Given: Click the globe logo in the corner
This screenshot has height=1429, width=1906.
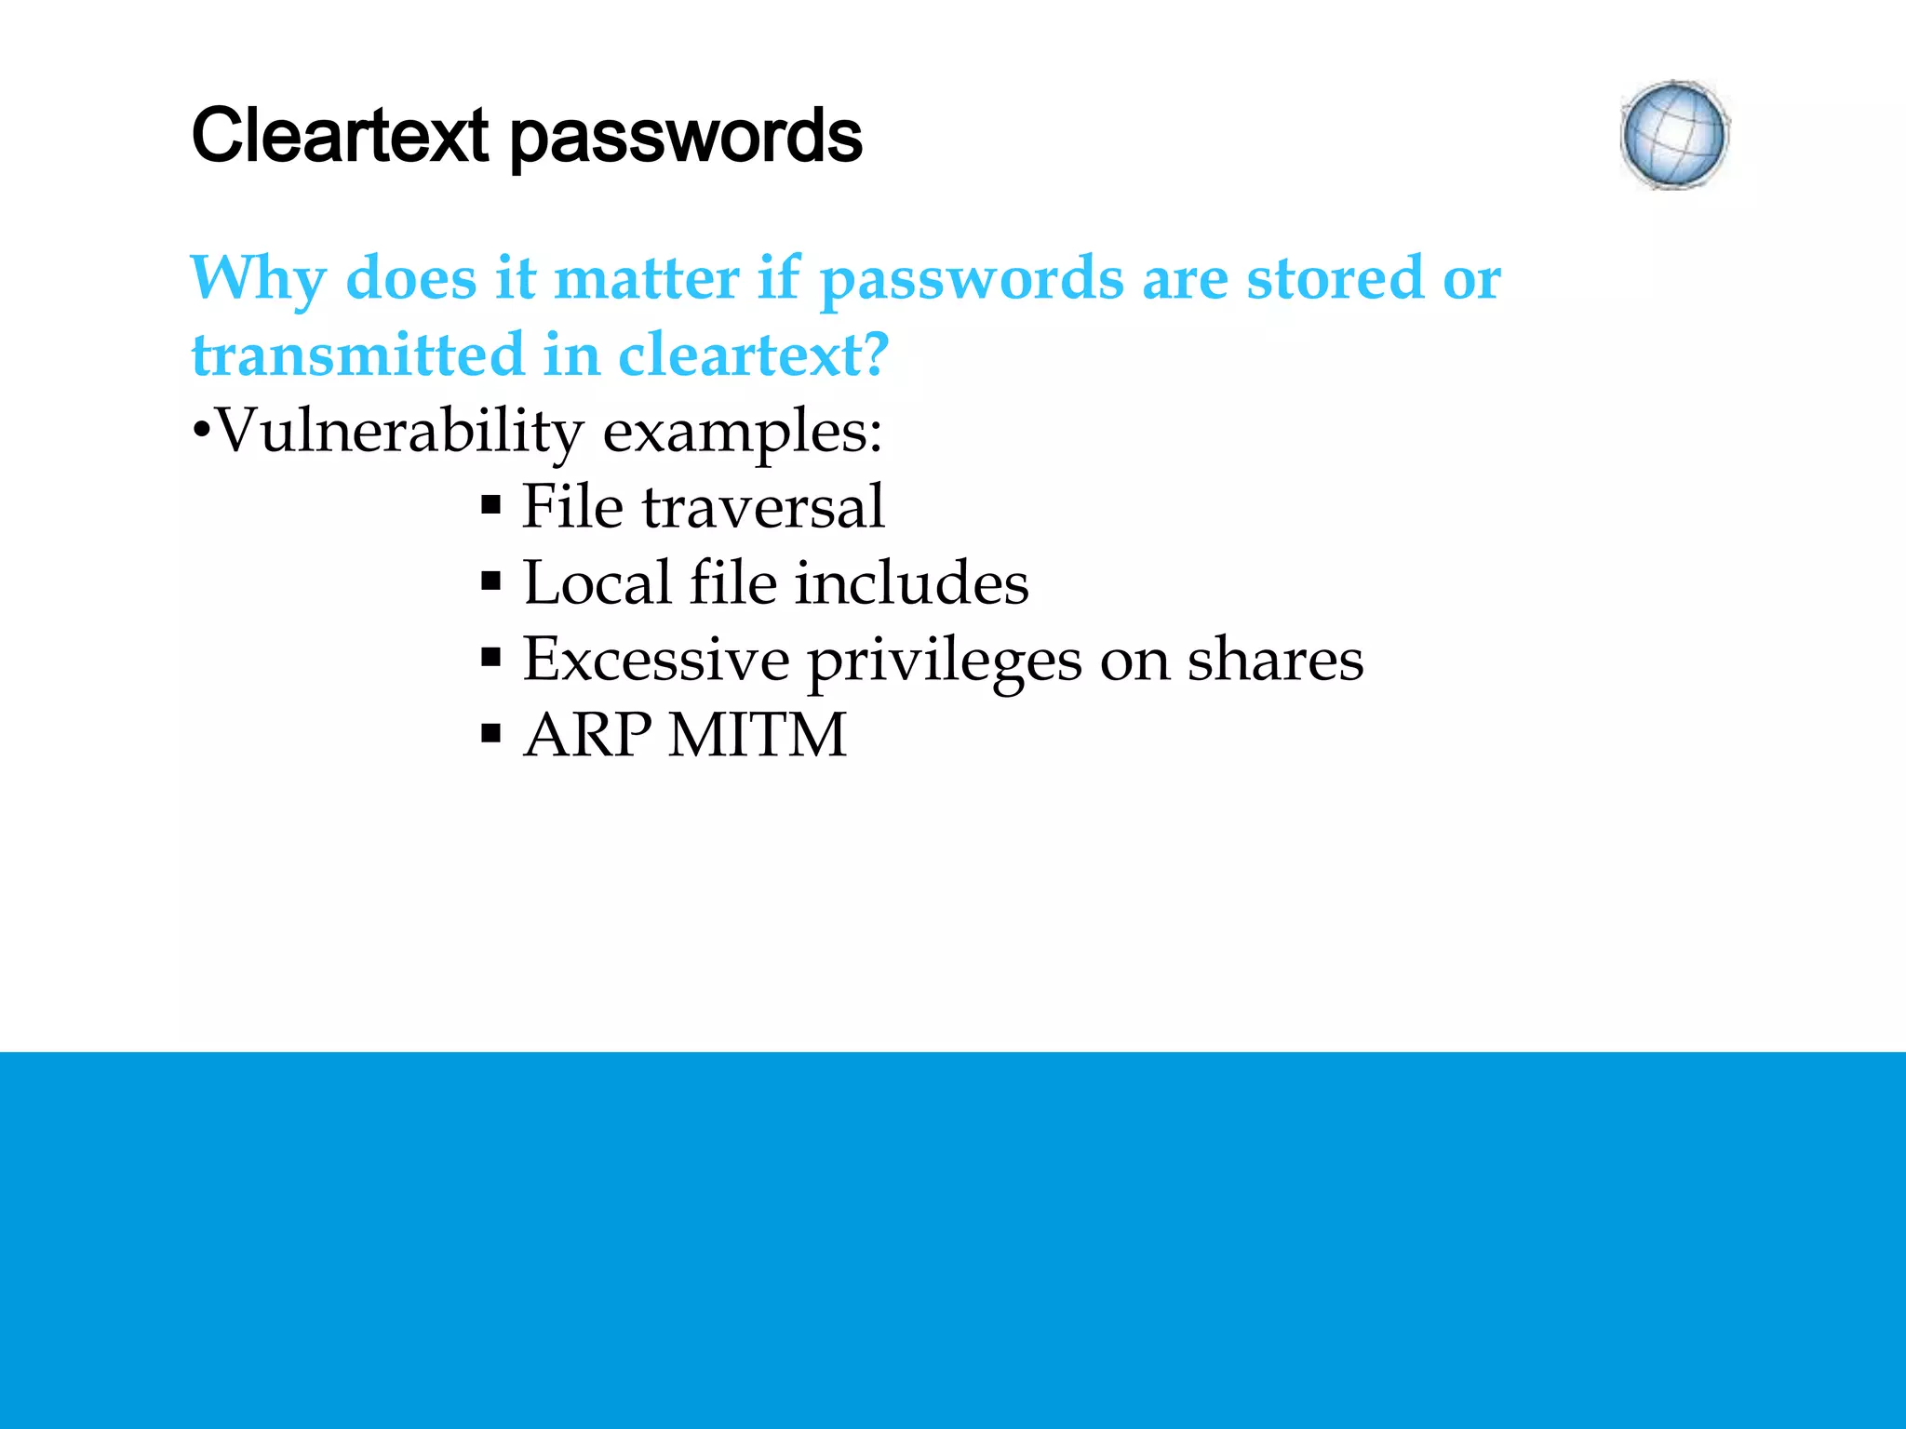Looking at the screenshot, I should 1674,136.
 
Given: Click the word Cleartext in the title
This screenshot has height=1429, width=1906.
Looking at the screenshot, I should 340,136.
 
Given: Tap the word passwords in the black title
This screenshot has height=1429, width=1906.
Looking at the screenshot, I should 687,138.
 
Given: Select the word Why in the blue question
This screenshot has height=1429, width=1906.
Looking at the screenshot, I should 258,279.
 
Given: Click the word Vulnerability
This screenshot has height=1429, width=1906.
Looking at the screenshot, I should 398,433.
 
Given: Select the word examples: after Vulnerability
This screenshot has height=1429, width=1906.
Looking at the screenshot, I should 743,433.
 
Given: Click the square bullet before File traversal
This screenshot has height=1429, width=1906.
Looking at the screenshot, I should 491,507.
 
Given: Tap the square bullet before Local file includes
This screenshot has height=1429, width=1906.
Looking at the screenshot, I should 491,583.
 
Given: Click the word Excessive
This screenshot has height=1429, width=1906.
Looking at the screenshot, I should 656,660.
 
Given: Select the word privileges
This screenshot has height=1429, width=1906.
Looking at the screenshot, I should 945,661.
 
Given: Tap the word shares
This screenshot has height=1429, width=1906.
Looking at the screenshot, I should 1275,660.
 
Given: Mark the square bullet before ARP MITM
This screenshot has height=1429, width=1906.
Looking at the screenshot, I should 491,736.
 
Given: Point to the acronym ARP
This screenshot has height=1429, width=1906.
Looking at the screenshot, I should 588,736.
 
